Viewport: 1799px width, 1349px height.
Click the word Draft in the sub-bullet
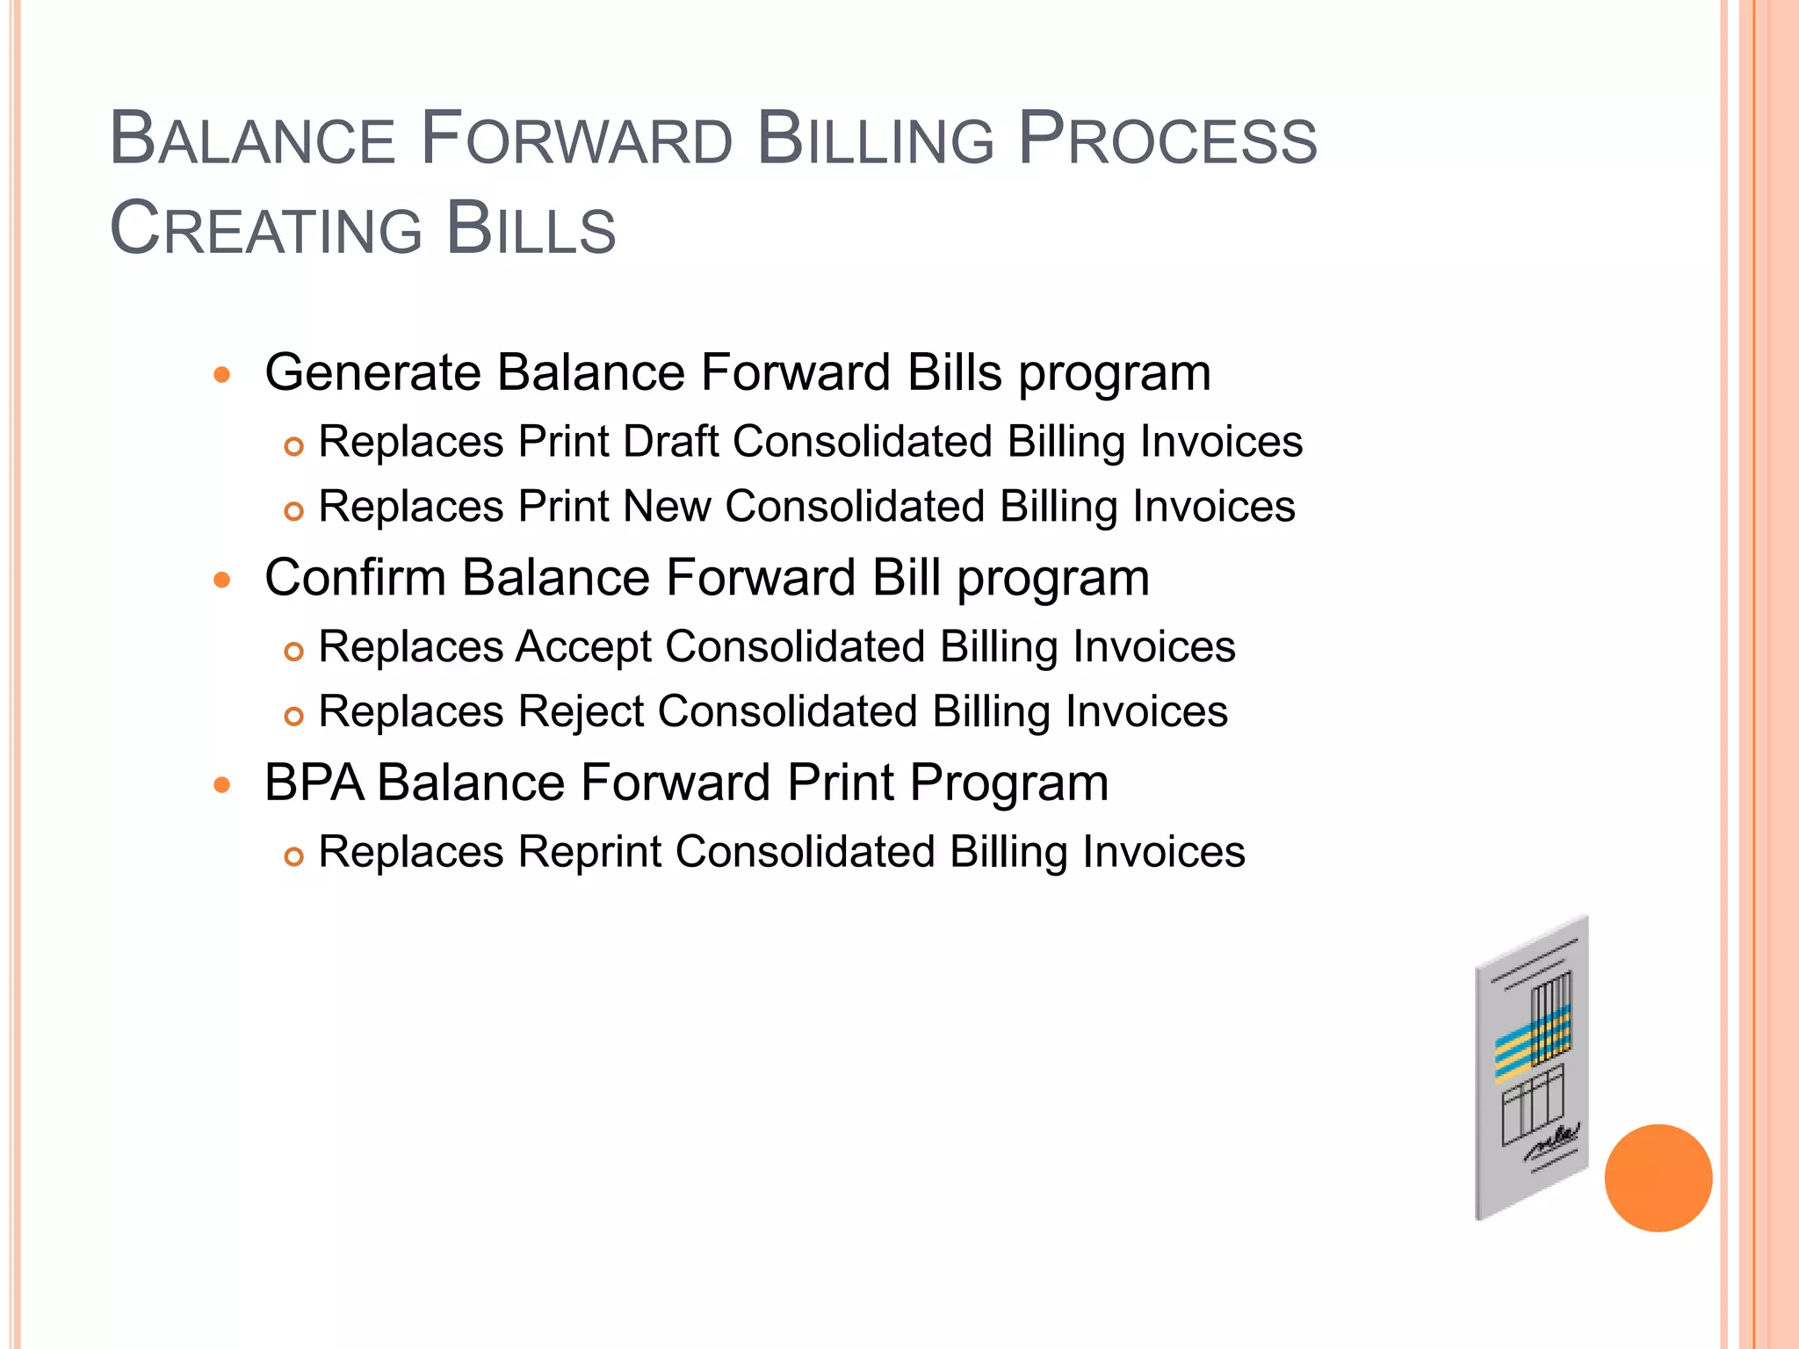670,442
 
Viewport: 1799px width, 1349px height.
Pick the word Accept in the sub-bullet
583,647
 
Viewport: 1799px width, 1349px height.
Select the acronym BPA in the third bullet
314,783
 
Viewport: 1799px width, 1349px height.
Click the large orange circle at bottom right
1658,1178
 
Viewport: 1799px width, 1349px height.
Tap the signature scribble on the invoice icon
1552,1139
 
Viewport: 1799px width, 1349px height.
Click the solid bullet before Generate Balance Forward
222,375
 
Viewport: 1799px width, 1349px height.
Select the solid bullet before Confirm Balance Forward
222,580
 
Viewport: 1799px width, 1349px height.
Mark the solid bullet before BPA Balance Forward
222,784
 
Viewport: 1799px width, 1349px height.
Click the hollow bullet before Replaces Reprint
293,856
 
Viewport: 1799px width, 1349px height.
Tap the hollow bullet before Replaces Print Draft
293,446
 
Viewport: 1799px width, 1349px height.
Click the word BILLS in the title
531,229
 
